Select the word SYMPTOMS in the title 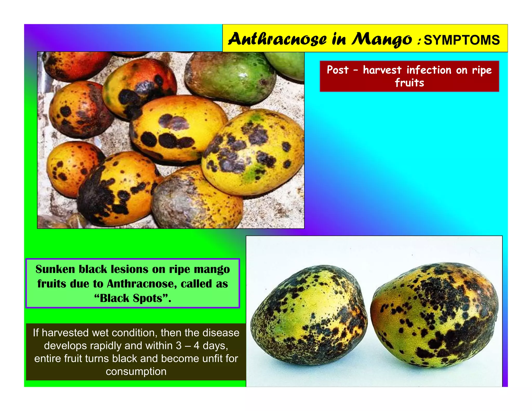click(462, 40)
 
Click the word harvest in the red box click(382, 70)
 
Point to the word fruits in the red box click(409, 83)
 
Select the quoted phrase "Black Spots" click(132, 298)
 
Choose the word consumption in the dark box click(136, 371)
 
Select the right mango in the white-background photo click(434, 314)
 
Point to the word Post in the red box click(337, 70)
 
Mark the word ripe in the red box click(482, 70)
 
